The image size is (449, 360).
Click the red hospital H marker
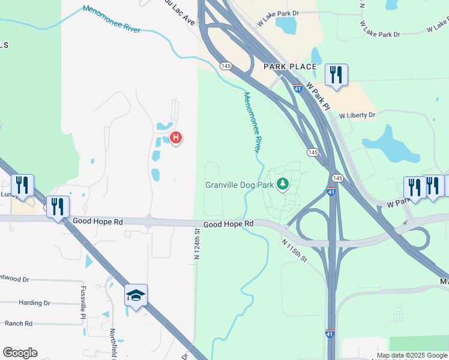click(176, 138)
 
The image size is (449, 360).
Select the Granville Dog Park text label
click(240, 185)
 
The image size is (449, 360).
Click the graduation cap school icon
click(136, 295)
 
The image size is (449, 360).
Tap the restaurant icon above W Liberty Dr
click(336, 76)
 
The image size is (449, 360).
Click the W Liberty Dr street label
click(357, 115)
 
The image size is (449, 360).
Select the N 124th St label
click(196, 241)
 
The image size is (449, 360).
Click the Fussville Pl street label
click(83, 302)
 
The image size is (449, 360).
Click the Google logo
click(20, 353)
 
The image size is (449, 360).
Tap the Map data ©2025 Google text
click(412, 356)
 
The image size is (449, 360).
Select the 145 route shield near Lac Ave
click(226, 65)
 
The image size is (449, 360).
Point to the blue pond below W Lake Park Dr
click(286, 25)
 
